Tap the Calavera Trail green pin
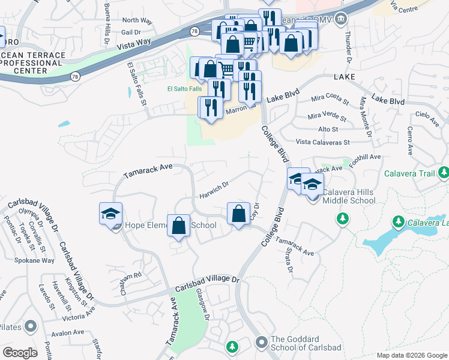[444, 173]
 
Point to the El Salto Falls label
[184, 89]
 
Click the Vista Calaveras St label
[323, 142]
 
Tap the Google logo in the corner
[20, 353]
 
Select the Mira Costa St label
[330, 99]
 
